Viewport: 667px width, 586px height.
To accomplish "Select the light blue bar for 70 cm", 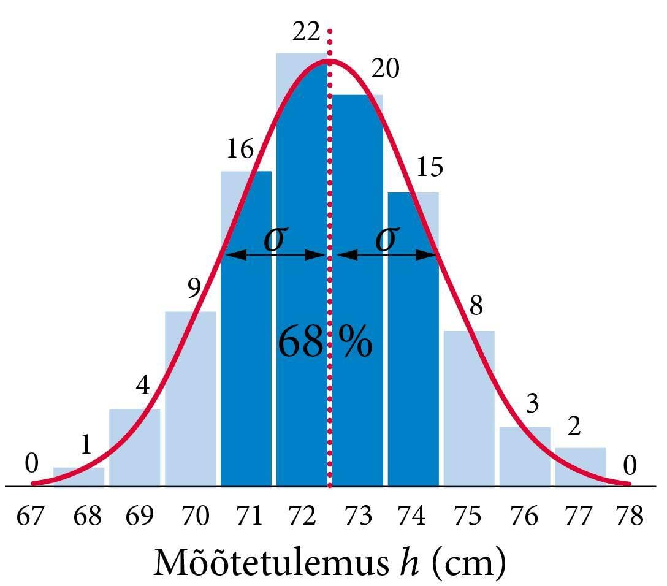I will tap(190, 398).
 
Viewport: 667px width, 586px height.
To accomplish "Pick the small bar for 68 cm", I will tap(78, 476).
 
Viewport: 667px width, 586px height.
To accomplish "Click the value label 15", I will tap(430, 167).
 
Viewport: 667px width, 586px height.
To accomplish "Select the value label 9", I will tap(194, 289).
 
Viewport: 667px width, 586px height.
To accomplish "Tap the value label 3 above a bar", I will tap(532, 404).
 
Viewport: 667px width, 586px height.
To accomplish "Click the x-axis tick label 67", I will tap(31, 516).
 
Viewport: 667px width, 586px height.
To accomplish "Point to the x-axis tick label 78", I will tap(630, 516).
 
